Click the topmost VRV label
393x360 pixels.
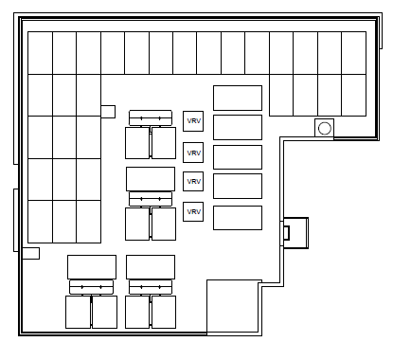click(193, 121)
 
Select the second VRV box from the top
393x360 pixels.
click(193, 153)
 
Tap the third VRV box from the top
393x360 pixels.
click(193, 181)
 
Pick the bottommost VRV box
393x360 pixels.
click(193, 211)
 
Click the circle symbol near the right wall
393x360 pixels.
click(325, 129)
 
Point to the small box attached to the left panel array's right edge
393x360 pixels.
click(108, 112)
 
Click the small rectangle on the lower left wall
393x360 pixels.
click(30, 253)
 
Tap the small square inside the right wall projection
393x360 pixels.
click(286, 233)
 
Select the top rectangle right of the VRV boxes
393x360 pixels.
click(238, 98)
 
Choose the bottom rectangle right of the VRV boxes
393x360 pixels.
click(238, 218)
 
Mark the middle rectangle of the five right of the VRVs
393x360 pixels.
click(238, 157)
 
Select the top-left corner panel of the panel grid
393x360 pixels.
click(41, 53)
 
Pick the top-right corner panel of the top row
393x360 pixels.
click(354, 53)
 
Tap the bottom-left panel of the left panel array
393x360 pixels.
click(41, 222)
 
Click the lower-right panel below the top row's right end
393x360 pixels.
click(354, 96)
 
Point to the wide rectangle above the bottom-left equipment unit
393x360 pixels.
click(92, 267)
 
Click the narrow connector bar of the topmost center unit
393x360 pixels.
click(151, 118)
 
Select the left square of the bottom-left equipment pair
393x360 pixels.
click(78, 312)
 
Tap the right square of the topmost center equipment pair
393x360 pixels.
click(164, 143)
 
